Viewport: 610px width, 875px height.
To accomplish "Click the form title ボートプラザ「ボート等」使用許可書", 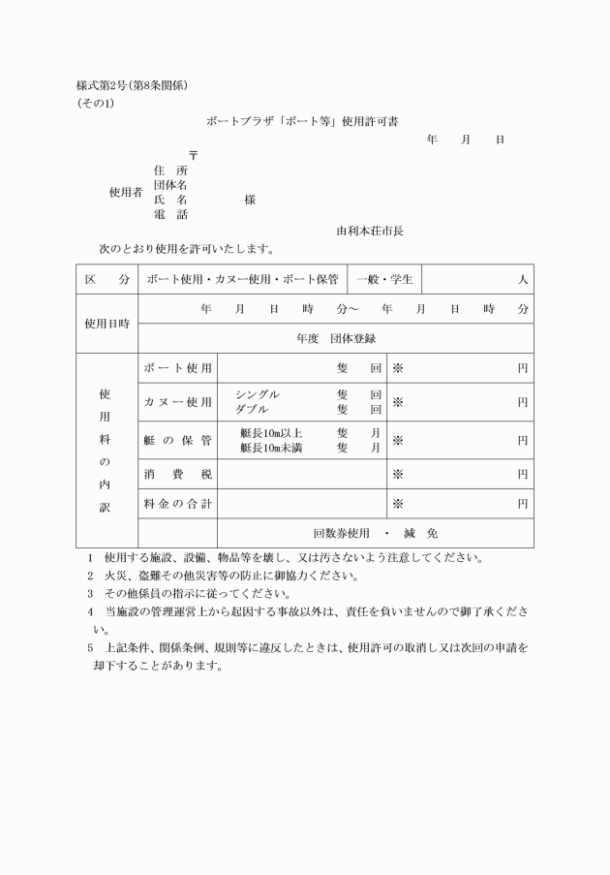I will click(x=301, y=122).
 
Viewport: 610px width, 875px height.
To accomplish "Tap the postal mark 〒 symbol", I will click(x=194, y=155).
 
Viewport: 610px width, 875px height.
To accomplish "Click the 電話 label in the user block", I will click(x=170, y=214).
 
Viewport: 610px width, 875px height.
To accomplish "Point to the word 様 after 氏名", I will click(x=250, y=200).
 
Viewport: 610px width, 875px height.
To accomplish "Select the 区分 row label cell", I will click(x=107, y=279).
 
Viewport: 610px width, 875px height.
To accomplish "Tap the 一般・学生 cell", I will click(x=384, y=279).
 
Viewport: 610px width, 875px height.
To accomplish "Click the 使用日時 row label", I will click(x=107, y=324).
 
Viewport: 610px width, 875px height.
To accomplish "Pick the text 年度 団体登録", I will click(x=336, y=338).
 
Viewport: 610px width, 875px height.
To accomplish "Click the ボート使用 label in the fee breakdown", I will click(x=177, y=369).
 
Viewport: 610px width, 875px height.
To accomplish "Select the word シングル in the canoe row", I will click(x=258, y=395).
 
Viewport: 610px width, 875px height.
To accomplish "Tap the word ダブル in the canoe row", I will click(x=252, y=409).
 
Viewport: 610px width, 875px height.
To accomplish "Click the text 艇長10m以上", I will click(x=271, y=433).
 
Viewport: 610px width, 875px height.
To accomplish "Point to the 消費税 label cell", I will click(x=177, y=475).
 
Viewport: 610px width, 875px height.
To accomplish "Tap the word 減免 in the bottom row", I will click(x=425, y=533).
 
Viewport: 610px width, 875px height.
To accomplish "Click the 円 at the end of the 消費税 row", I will click(x=522, y=475).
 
